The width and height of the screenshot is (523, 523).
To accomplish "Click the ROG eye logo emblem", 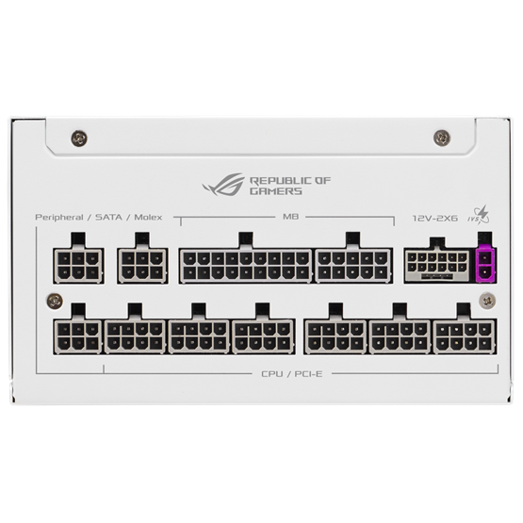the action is point(223,184).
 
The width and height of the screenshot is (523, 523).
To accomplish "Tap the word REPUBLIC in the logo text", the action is point(281,181).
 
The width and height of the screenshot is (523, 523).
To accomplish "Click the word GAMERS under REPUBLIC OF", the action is point(276,191).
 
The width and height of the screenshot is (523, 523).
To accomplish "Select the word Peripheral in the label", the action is point(59,218).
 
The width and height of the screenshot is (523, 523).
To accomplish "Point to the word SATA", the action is point(108,217).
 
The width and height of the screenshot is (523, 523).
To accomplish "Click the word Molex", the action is point(148,217).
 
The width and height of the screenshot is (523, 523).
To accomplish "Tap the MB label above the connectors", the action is point(290,217).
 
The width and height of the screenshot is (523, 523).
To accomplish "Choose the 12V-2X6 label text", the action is point(435,219).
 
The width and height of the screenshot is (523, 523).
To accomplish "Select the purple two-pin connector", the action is point(484,264).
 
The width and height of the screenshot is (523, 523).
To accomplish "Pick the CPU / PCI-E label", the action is point(292,374).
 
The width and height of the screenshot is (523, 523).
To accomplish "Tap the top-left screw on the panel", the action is point(79,139).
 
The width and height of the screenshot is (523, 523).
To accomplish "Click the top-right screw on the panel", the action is point(442,138).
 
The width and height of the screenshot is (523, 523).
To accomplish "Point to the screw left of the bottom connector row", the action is point(55,302).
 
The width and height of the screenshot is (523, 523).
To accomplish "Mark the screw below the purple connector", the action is point(487,301).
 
